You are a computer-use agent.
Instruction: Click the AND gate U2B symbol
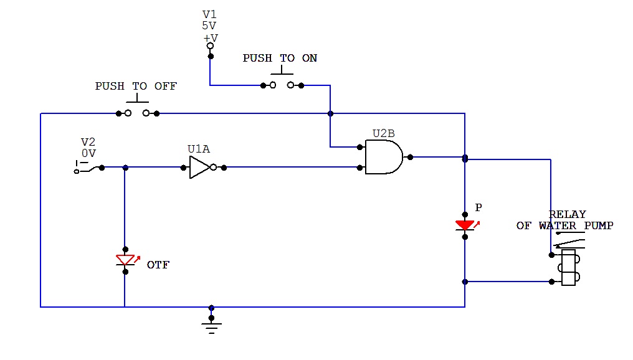click(383, 157)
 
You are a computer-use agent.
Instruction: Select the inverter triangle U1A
click(199, 167)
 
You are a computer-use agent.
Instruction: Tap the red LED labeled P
click(465, 225)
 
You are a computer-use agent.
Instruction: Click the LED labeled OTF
click(125, 260)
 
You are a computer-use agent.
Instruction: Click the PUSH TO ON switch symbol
click(282, 84)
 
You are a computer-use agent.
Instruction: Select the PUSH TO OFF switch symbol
click(138, 113)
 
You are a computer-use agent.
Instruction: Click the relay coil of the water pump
click(568, 268)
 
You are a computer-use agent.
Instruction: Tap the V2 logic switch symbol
click(85, 168)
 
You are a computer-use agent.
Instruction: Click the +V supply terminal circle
click(211, 46)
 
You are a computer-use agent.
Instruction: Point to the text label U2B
click(384, 133)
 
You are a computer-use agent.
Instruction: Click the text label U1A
click(199, 149)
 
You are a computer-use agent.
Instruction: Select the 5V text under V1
click(209, 26)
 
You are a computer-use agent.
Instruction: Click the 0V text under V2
click(88, 153)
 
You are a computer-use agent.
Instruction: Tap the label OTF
click(158, 265)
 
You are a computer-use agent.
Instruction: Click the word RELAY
click(567, 214)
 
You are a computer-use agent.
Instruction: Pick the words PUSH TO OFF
click(136, 86)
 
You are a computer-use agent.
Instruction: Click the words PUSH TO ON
click(280, 58)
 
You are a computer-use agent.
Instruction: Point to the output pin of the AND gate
click(410, 157)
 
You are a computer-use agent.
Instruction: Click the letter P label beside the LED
click(478, 207)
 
